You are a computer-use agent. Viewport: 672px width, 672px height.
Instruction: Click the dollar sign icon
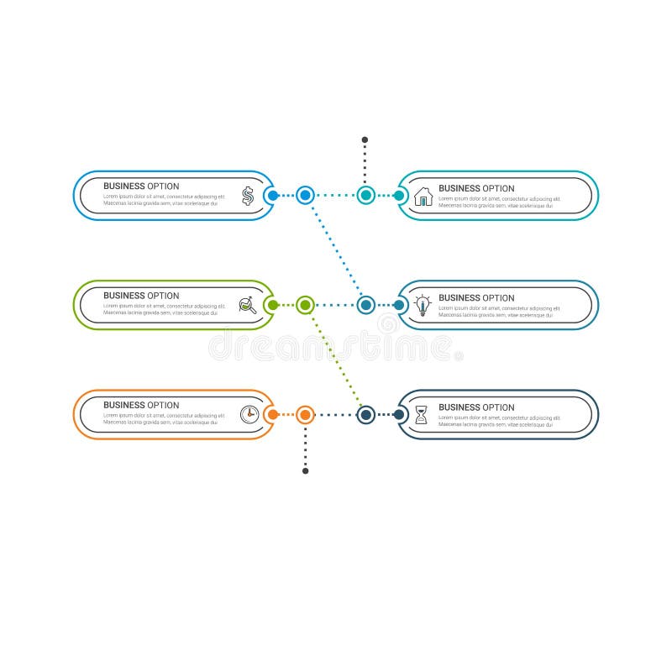pos(248,196)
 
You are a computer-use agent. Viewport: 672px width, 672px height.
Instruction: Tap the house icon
pos(423,197)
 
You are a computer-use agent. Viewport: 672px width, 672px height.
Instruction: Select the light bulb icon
pos(423,305)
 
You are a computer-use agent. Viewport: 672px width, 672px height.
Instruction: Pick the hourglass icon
pos(422,414)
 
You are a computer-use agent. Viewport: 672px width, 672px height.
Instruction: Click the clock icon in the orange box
pos(249,413)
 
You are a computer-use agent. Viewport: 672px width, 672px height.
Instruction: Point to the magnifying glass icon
pos(248,305)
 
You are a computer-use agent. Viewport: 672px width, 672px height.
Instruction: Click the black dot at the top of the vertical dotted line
pos(365,139)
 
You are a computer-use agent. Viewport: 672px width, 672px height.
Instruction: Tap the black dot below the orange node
pos(305,470)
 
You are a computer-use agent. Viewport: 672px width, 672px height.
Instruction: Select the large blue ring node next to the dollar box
pos(305,195)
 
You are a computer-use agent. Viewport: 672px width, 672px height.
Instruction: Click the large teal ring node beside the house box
pos(365,195)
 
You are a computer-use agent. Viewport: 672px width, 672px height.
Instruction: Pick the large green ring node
pos(305,305)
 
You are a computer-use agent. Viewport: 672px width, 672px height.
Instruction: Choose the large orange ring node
pos(305,414)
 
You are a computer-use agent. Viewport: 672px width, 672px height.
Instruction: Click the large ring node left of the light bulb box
pos(365,305)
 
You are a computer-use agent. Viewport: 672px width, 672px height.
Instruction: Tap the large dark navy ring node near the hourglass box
pos(365,414)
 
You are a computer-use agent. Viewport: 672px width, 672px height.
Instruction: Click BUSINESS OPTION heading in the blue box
pos(141,186)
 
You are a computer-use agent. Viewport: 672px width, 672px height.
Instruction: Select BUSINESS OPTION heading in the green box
pos(141,296)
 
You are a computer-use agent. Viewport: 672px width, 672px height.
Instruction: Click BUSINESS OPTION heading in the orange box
pos(141,405)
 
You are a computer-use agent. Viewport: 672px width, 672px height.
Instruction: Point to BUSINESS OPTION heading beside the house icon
pos(476,189)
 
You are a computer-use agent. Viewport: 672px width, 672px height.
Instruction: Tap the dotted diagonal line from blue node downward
pos(335,250)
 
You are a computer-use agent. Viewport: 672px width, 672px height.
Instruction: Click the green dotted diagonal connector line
pos(335,360)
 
